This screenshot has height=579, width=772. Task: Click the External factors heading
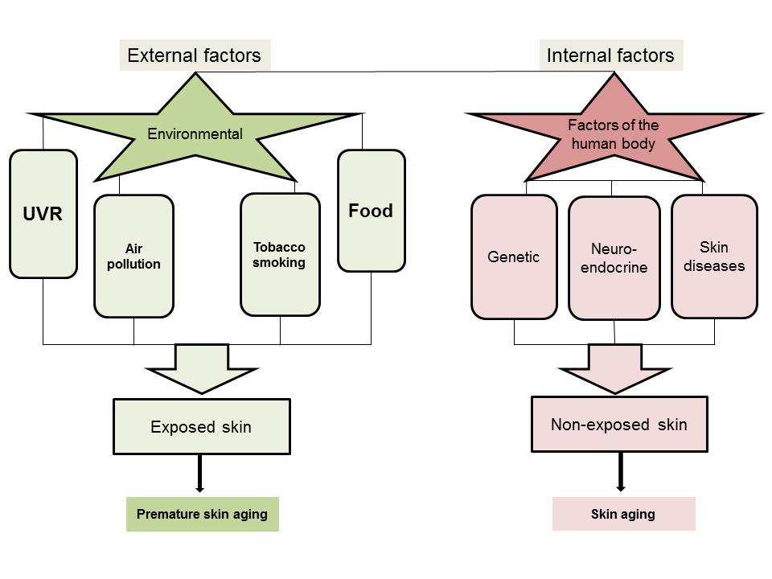[x=195, y=55]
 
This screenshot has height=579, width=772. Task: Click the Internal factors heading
[x=610, y=55]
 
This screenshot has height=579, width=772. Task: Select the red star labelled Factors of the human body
[x=614, y=134]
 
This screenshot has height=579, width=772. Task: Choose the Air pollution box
[x=133, y=256]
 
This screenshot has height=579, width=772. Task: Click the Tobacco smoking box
[x=280, y=253]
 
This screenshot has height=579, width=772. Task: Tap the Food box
[x=371, y=211]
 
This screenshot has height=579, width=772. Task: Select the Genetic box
[x=514, y=257]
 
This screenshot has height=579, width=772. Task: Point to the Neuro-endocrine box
[x=614, y=258]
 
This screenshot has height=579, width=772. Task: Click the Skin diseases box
[x=714, y=256]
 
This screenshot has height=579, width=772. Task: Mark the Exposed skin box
[x=201, y=427]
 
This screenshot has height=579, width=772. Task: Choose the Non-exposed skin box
[x=619, y=424]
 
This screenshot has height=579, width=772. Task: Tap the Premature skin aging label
[x=202, y=515]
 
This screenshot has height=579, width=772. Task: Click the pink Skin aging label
[x=623, y=515]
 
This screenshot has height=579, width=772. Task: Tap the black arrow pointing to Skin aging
[x=620, y=474]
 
